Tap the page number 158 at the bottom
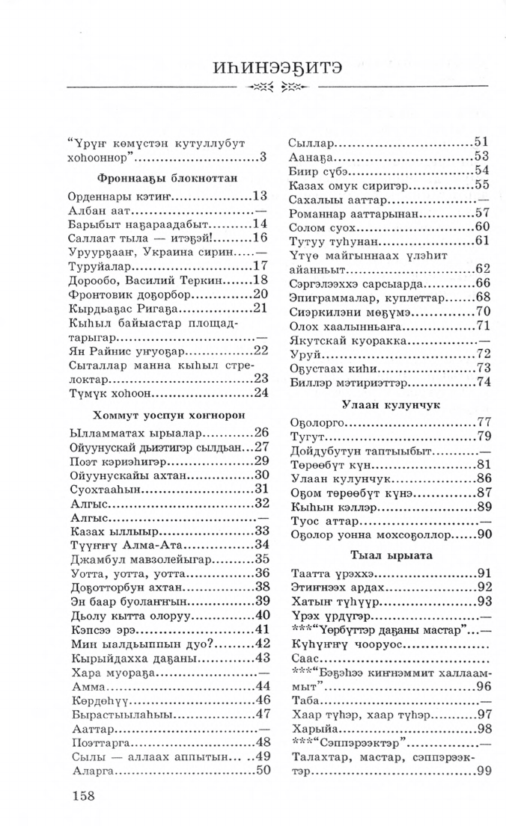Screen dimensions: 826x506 point(83,795)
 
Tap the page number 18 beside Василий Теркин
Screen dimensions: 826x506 point(261,279)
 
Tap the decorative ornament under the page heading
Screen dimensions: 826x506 point(277,89)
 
